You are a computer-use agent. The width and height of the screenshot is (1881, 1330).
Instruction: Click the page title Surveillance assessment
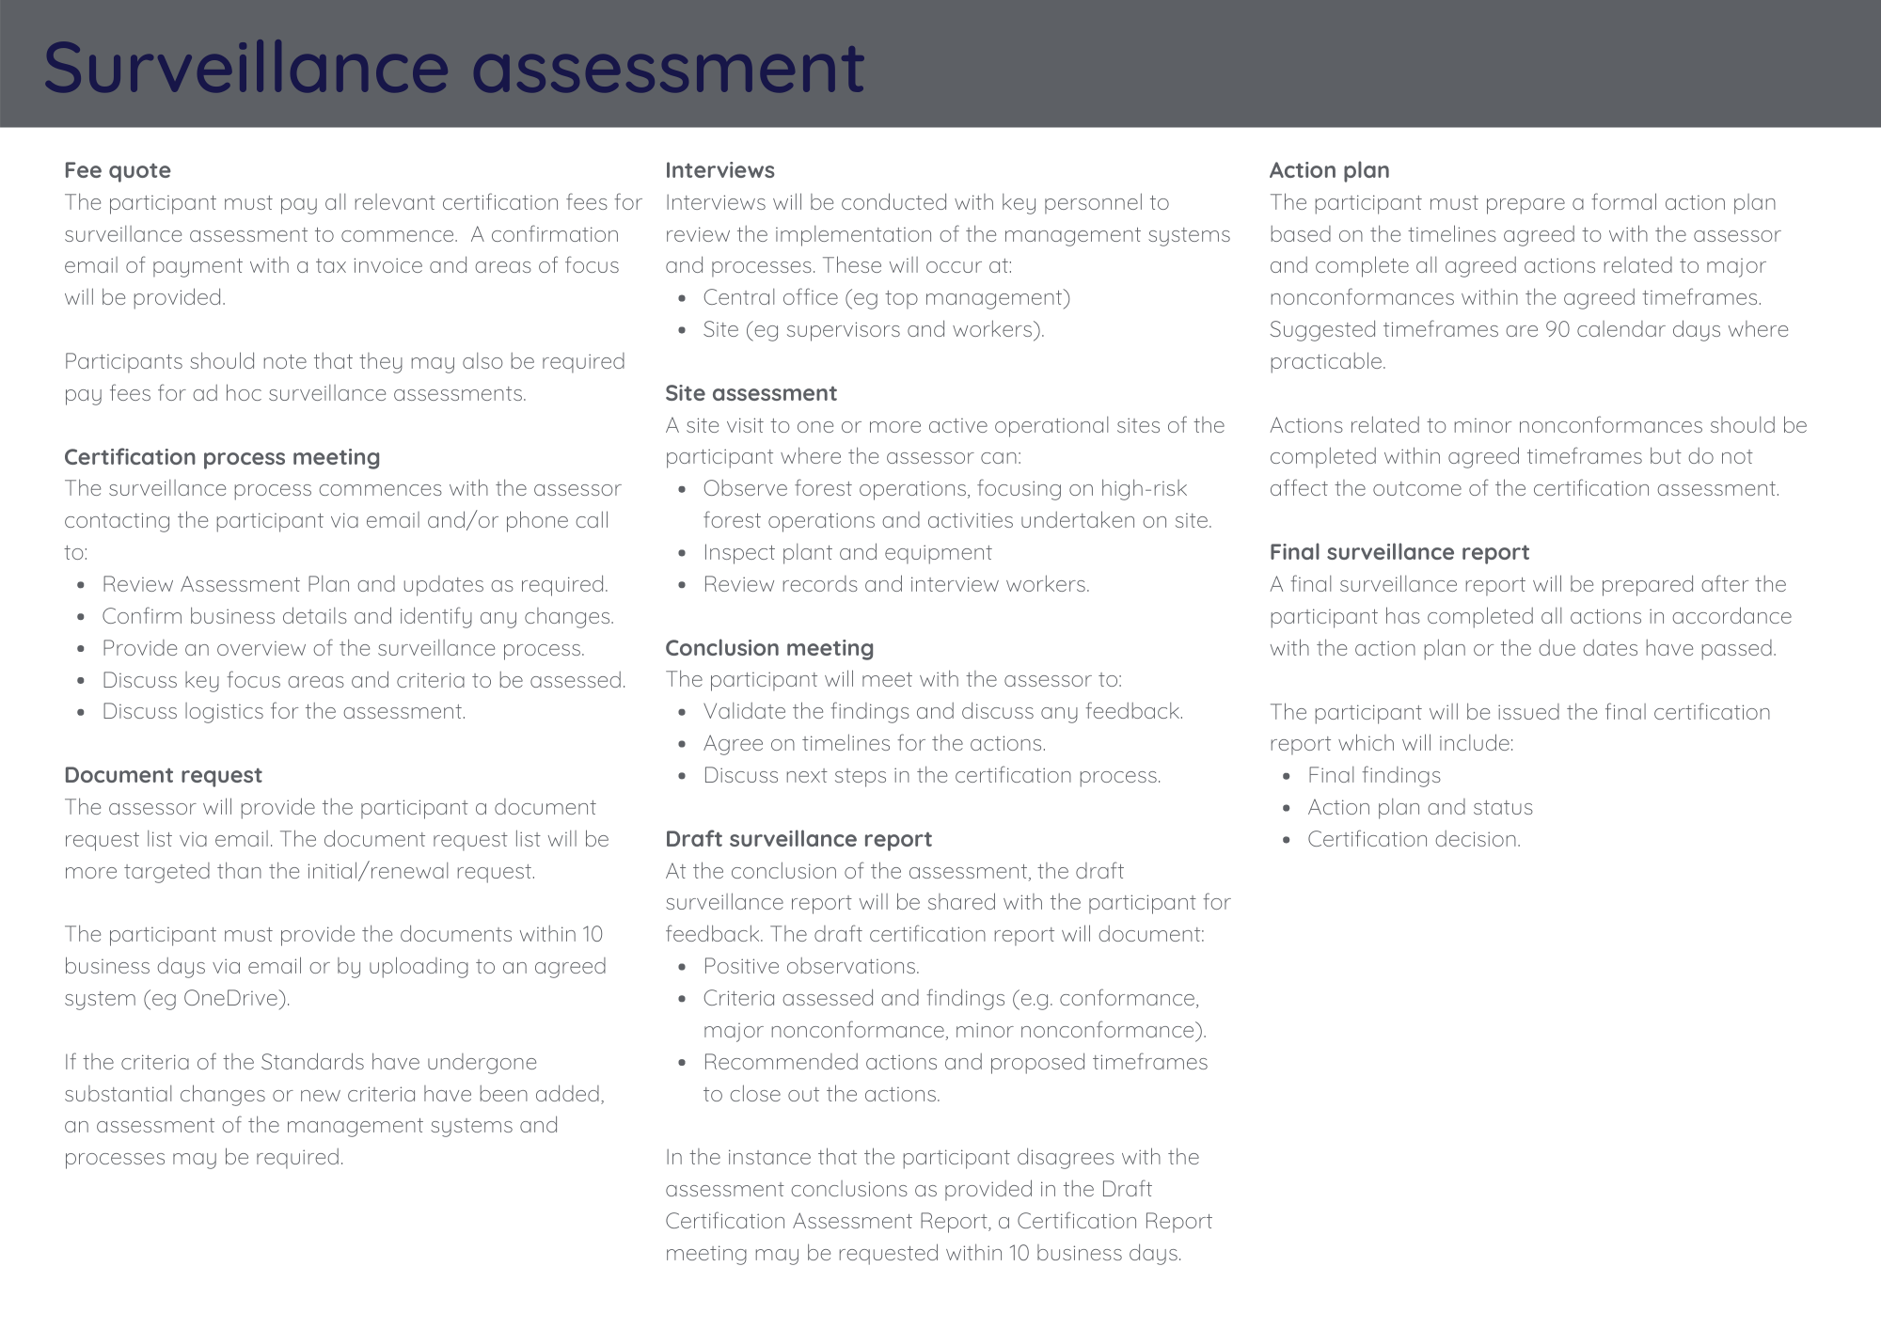click(x=453, y=67)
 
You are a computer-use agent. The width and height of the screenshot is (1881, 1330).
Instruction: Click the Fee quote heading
click(x=118, y=170)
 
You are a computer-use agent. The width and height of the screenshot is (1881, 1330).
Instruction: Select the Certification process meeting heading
click(x=222, y=457)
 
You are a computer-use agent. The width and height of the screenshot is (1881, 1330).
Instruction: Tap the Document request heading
click(x=163, y=775)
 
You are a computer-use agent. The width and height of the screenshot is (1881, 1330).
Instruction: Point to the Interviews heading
click(x=719, y=170)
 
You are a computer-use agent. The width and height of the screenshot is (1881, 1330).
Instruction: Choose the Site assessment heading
click(x=751, y=393)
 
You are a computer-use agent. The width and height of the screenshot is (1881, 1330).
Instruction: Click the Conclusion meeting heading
click(x=769, y=648)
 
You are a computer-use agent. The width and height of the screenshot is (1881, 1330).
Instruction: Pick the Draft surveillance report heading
click(x=798, y=839)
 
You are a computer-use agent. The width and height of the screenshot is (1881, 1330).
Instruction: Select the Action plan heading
click(x=1329, y=170)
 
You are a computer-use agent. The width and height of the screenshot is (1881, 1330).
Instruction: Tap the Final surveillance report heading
click(x=1399, y=552)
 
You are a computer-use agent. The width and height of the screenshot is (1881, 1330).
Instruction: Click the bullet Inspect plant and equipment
click(x=847, y=552)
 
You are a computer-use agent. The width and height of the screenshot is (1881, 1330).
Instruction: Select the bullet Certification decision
click(x=1414, y=839)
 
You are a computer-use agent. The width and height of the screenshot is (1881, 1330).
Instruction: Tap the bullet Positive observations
click(x=811, y=966)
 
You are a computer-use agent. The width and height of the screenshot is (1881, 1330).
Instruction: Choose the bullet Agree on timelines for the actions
click(x=874, y=743)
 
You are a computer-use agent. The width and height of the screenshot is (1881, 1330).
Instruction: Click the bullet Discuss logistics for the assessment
click(x=284, y=711)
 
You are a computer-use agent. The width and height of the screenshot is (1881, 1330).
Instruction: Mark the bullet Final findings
click(x=1373, y=775)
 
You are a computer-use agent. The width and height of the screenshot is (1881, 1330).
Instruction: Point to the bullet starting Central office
click(x=886, y=297)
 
